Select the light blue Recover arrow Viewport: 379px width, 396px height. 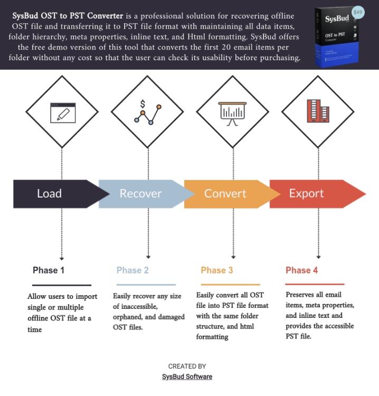point(140,194)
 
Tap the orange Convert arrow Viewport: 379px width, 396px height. point(225,194)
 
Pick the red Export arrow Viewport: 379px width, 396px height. point(311,194)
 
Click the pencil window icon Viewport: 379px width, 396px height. point(63,112)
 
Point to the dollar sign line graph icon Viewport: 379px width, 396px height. point(147,112)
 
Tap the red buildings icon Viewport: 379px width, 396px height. point(318,111)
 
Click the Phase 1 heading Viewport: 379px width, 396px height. point(49,270)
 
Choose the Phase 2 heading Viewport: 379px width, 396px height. point(132,270)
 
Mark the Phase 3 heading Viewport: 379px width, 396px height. point(216,270)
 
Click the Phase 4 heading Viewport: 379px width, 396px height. point(301,270)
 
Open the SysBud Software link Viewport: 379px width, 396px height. point(187,377)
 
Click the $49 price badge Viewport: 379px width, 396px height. point(358,12)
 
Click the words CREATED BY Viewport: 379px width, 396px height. point(187,366)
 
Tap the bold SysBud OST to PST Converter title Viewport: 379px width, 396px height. point(68,16)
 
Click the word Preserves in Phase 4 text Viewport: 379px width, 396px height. point(299,295)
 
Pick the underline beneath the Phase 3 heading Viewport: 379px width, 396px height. point(230,285)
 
